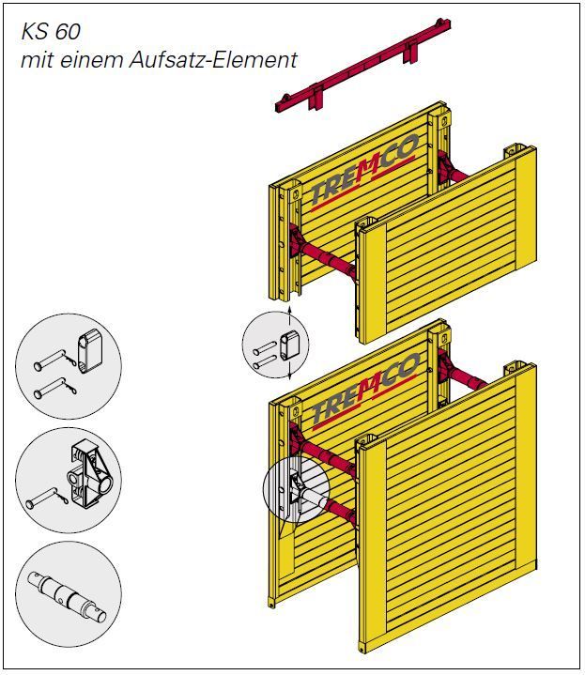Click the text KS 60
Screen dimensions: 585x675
(x=51, y=32)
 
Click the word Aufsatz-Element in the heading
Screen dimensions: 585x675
(x=213, y=60)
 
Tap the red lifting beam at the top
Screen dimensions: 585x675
(x=362, y=65)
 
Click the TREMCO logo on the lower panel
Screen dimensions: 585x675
(x=366, y=390)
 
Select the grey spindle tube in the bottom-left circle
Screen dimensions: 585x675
(x=68, y=597)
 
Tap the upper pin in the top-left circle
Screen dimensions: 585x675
(x=55, y=360)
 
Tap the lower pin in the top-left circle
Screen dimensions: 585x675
(x=55, y=388)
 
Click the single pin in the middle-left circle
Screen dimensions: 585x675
(x=47, y=498)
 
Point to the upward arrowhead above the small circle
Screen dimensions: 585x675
(x=290, y=310)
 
